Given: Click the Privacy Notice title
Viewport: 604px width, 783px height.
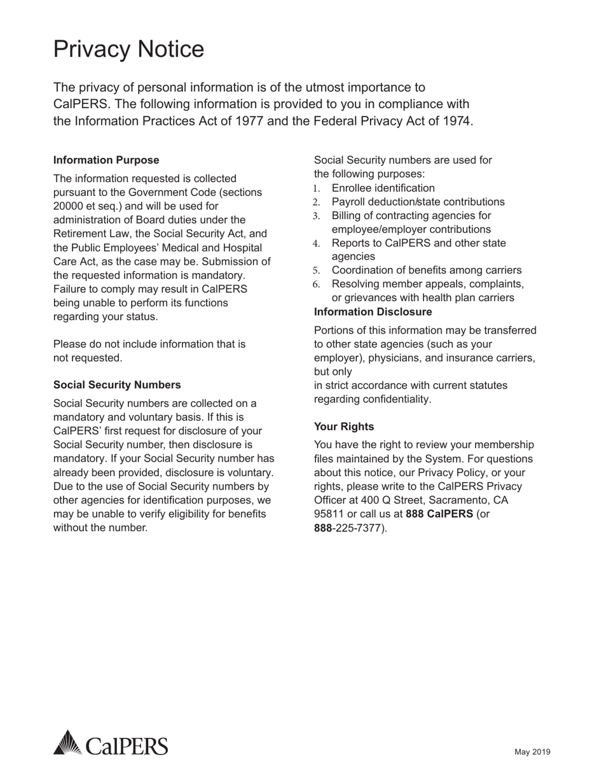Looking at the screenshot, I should pos(128,50).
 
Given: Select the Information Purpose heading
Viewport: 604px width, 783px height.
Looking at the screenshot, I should pos(106,160).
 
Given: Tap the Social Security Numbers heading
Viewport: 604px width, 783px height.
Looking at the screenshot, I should pos(117,384).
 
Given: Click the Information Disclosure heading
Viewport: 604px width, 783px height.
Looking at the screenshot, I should pos(373,311).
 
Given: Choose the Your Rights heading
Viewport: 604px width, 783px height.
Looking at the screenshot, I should pos(344,427).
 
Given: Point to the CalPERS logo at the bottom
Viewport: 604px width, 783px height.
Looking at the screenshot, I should pos(111,744).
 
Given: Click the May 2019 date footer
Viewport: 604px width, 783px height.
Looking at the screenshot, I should pos(532,752).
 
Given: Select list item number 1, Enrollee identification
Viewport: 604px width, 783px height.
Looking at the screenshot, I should pos(383,188).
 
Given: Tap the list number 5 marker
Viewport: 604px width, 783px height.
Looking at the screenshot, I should pos(317,271).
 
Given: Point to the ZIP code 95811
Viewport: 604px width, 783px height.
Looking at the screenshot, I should pos(329,514).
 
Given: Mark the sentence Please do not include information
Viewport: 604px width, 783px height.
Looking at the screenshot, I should pos(149,344).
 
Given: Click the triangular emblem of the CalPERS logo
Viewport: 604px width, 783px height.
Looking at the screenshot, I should pos(67,743).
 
